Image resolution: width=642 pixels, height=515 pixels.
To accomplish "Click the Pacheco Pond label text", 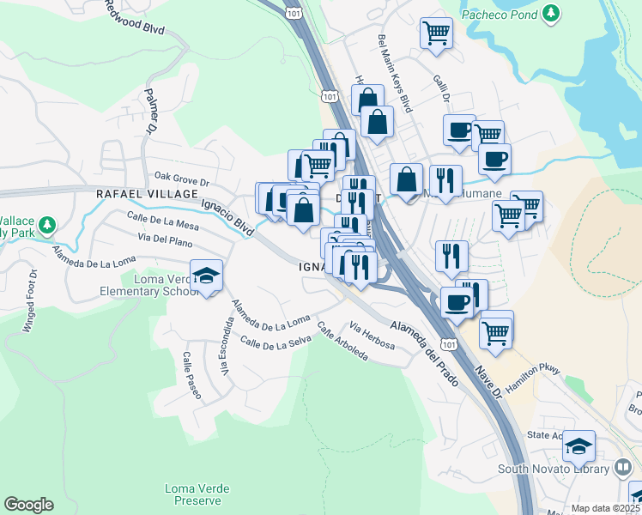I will (498, 14).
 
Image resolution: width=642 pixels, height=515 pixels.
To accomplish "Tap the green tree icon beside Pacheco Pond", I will (551, 14).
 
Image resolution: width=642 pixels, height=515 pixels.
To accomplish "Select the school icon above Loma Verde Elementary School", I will (206, 276).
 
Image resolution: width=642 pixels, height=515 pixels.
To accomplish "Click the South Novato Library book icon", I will (624, 469).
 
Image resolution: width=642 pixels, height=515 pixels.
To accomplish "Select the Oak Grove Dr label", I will (181, 181).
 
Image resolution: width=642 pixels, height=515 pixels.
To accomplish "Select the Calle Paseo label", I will (191, 375).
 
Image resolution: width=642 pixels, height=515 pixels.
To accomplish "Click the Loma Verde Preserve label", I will (197, 494).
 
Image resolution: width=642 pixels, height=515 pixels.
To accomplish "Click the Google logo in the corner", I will (28, 505).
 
